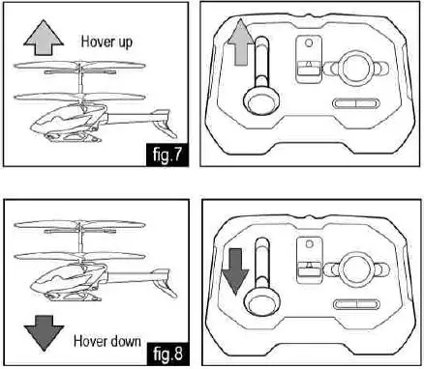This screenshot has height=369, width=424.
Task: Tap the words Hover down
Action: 108,341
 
